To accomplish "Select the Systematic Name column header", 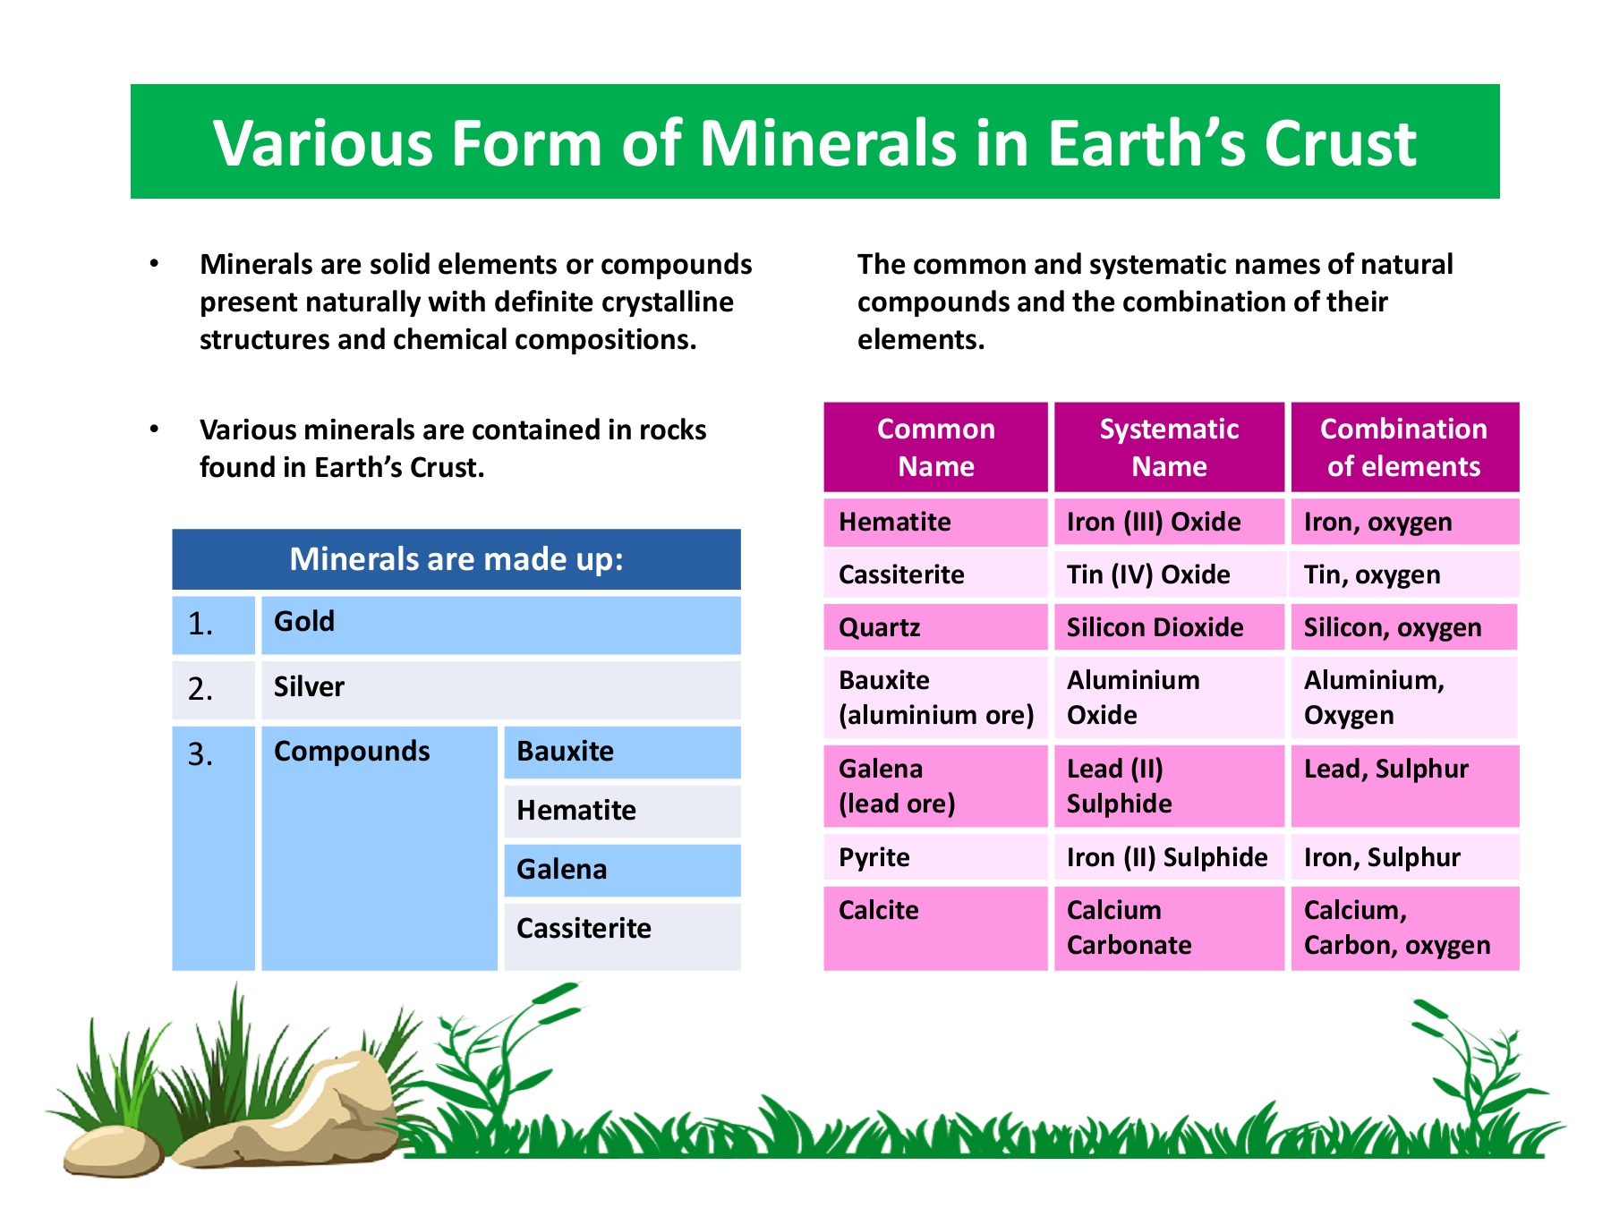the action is point(1169,447).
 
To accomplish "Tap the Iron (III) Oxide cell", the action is point(1169,522).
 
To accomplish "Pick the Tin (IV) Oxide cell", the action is point(1169,574).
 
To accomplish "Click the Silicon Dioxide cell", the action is point(1169,627).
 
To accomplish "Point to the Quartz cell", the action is point(935,627).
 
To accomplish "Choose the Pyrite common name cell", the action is point(935,857).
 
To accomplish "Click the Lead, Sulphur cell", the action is point(1404,786).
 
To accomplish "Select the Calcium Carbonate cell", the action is point(1169,928).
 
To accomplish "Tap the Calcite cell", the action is point(935,928).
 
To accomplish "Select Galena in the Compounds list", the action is point(622,870).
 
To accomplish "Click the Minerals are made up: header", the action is point(456,559).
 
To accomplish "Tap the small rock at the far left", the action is point(113,1152).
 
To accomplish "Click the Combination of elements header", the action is point(1404,447).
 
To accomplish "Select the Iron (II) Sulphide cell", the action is point(1169,857).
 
